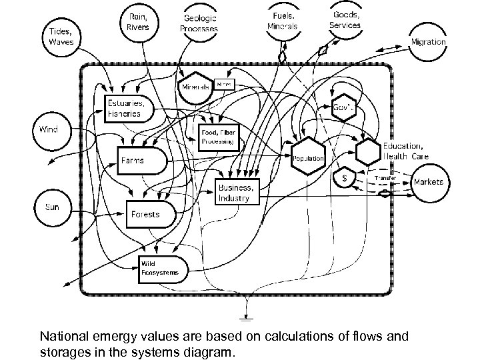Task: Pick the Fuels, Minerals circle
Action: [x=281, y=21]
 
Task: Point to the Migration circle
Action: [x=427, y=41]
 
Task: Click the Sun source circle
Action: [x=51, y=207]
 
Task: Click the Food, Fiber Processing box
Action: [x=218, y=137]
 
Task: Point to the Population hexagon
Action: [x=308, y=157]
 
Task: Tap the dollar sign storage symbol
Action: [x=344, y=179]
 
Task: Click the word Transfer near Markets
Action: [x=385, y=179]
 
